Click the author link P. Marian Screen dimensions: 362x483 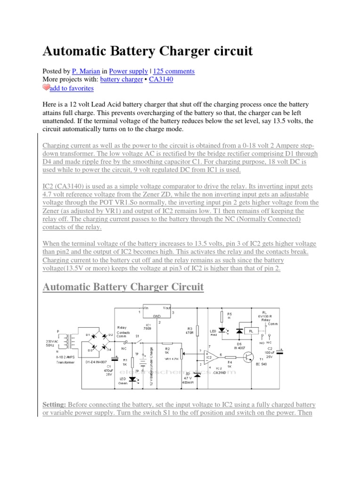[x=86, y=71]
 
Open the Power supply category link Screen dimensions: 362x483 [x=128, y=71]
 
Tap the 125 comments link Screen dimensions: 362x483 [x=174, y=71]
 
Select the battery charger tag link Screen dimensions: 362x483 [x=121, y=80]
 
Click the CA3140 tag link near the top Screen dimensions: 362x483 [x=161, y=80]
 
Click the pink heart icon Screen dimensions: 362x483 [x=46, y=88]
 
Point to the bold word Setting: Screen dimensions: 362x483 [x=56, y=405]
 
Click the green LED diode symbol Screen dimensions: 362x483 [x=138, y=380]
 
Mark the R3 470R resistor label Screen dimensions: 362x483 [x=190, y=330]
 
